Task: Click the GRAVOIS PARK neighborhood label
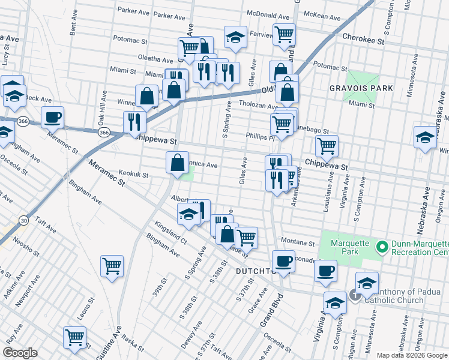point(361,88)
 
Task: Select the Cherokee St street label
point(363,38)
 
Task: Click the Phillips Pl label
point(260,137)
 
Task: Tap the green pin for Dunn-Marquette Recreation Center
point(381,247)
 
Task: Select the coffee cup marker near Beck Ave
point(53,117)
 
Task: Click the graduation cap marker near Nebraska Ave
point(425,137)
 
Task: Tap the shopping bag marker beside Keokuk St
point(178,163)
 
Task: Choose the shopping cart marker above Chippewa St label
point(327,145)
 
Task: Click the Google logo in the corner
point(20,353)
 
